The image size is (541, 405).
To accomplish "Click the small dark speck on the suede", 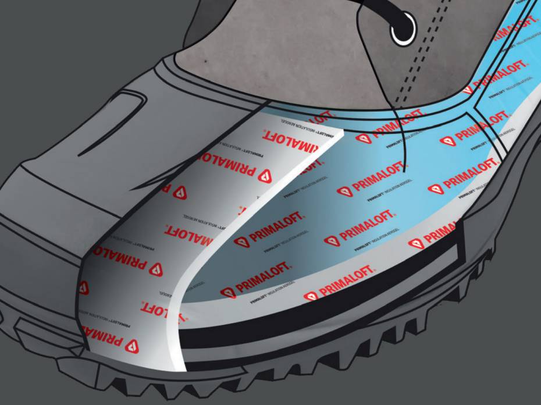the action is pyautogui.click(x=205, y=60).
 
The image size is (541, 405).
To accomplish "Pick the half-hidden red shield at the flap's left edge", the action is pyautogui.click(x=83, y=287).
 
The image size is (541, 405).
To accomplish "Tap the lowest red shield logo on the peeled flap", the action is pyautogui.click(x=133, y=346).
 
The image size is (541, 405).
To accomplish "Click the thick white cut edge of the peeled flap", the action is pyautogui.click(x=192, y=273).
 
